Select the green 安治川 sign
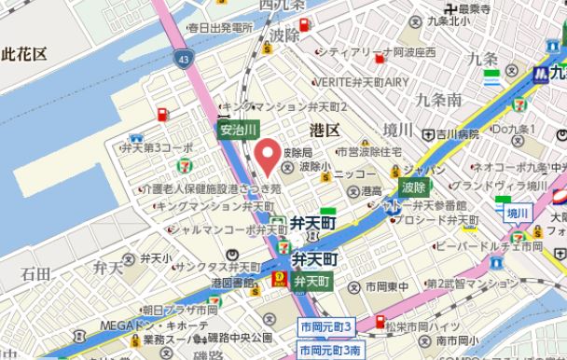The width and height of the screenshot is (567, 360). [x=238, y=131]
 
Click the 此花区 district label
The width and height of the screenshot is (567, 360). [x=24, y=54]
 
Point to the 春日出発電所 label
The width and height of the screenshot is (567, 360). [x=219, y=29]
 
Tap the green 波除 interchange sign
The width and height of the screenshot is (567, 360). [x=413, y=187]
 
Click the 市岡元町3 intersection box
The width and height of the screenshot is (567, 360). [x=325, y=326]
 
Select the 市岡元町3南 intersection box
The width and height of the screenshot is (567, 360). [x=329, y=350]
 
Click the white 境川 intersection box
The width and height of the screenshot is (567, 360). [x=518, y=214]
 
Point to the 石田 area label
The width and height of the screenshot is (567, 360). [x=35, y=273]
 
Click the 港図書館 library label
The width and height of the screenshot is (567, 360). [x=233, y=281]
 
